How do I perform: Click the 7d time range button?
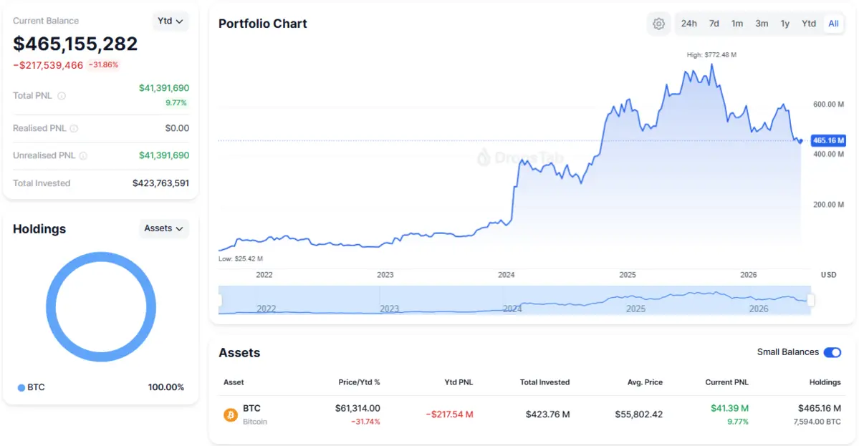point(714,24)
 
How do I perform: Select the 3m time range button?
point(762,24)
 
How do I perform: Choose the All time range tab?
point(833,24)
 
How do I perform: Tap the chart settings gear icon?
point(658,24)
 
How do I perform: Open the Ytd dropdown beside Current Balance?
point(171,21)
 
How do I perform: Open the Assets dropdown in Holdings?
point(164,228)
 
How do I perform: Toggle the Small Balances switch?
point(832,352)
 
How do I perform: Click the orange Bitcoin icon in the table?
point(231,415)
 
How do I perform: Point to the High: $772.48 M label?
point(711,54)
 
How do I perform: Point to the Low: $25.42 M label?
point(241,259)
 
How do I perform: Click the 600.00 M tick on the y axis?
point(828,104)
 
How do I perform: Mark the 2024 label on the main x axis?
point(507,275)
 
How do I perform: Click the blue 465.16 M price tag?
point(828,140)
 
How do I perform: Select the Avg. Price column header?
point(645,382)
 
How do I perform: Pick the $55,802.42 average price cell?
point(639,415)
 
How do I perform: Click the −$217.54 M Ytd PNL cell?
point(449,415)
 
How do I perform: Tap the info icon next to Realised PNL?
point(74,129)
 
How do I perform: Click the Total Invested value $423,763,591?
point(160,183)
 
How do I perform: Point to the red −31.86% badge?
point(104,64)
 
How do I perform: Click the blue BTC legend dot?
point(21,387)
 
